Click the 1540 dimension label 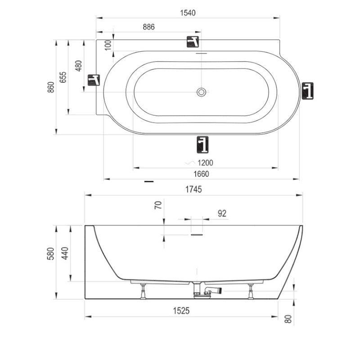[188, 13]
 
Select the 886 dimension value [149, 27]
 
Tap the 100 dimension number [108, 45]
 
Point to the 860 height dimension [51, 87]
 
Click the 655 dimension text [63, 77]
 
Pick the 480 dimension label [78, 66]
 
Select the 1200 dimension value [205, 163]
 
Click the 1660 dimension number [201, 174]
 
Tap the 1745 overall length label [193, 189]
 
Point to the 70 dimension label [158, 205]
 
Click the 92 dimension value [222, 213]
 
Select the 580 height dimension [50, 254]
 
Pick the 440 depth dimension [65, 253]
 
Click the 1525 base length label [181, 311]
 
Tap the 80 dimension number [288, 319]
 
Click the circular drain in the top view [201, 92]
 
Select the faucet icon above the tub [193, 42]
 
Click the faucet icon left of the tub [94, 80]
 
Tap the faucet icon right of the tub [308, 91]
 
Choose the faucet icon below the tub [203, 144]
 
